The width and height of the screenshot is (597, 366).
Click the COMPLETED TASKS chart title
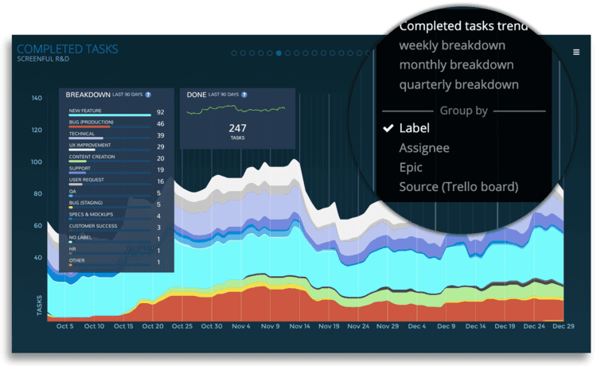[x=68, y=49]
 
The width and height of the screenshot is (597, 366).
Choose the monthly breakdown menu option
[x=456, y=64]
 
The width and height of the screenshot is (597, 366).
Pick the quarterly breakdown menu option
[x=459, y=84]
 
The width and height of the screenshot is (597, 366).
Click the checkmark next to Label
[x=388, y=128]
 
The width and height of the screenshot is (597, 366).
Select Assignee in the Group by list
[x=424, y=148]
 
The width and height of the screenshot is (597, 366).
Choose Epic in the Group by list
[x=411, y=168]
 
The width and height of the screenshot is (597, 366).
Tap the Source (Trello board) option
[x=458, y=187]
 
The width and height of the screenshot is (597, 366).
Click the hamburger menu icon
[x=576, y=52]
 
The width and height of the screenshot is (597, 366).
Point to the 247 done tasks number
[x=238, y=127]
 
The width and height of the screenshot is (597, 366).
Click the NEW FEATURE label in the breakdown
[x=85, y=111]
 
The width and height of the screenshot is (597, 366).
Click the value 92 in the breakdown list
[x=160, y=112]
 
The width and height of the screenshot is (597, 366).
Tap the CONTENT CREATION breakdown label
[x=92, y=157]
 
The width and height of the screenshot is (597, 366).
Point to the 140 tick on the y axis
[x=37, y=99]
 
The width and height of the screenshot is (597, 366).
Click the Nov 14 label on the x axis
[x=299, y=326]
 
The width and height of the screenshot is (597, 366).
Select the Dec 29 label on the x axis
[x=564, y=326]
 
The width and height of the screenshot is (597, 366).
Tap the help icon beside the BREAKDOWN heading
[x=148, y=95]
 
